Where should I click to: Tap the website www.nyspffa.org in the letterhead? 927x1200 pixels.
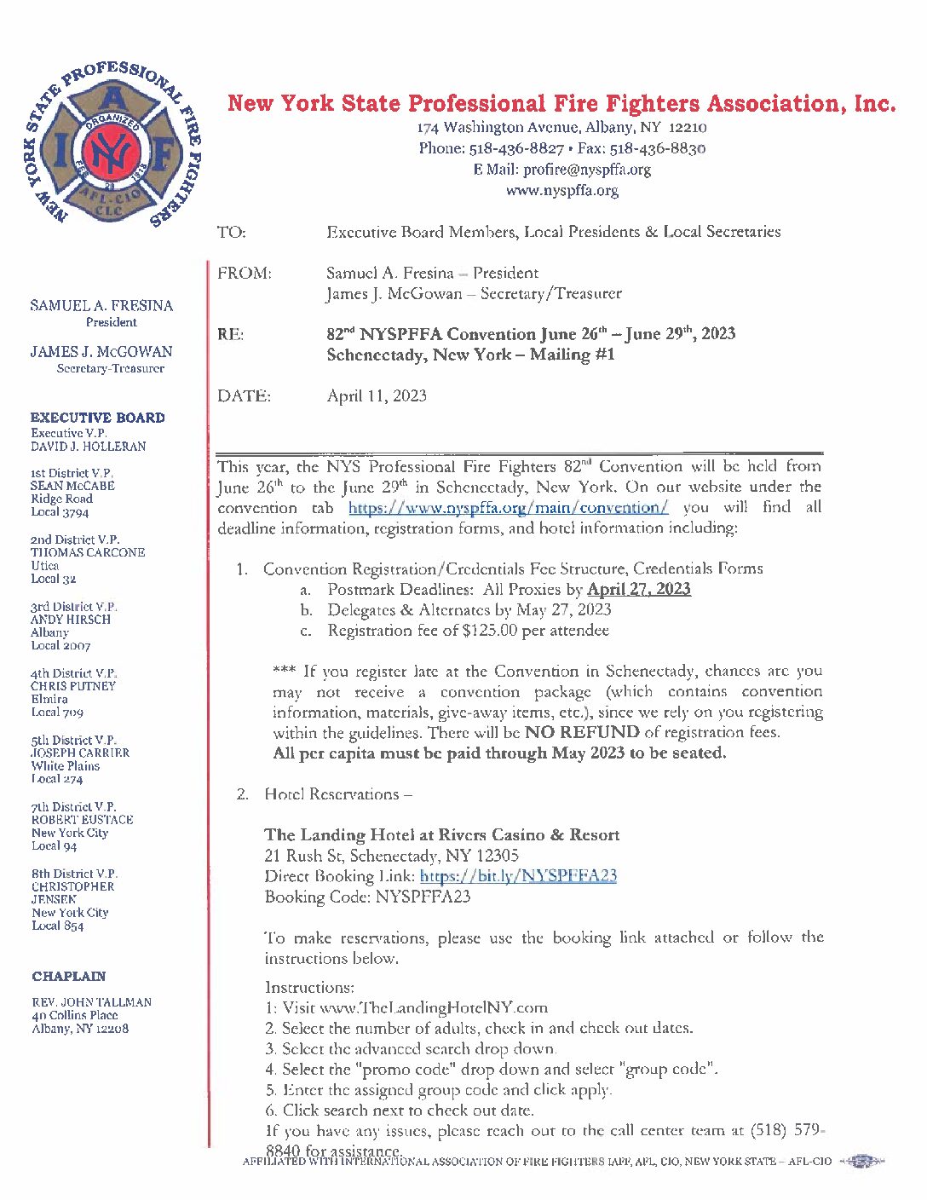[x=561, y=190]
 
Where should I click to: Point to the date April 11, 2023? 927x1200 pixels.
[x=377, y=395]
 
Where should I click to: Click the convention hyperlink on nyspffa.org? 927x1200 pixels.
[x=508, y=508]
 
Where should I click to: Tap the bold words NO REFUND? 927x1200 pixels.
[x=582, y=732]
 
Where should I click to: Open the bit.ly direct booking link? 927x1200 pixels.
[x=518, y=876]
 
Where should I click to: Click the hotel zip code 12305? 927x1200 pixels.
[x=498, y=856]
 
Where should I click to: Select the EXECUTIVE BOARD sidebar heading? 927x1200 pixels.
[x=97, y=418]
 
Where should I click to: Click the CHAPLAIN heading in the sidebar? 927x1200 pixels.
[x=69, y=976]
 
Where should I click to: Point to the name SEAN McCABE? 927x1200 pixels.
[x=72, y=486]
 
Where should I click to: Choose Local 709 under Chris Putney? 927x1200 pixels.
[x=57, y=712]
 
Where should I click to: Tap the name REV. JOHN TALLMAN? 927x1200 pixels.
[x=92, y=1002]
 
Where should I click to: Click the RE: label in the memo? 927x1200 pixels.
[x=230, y=334]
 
